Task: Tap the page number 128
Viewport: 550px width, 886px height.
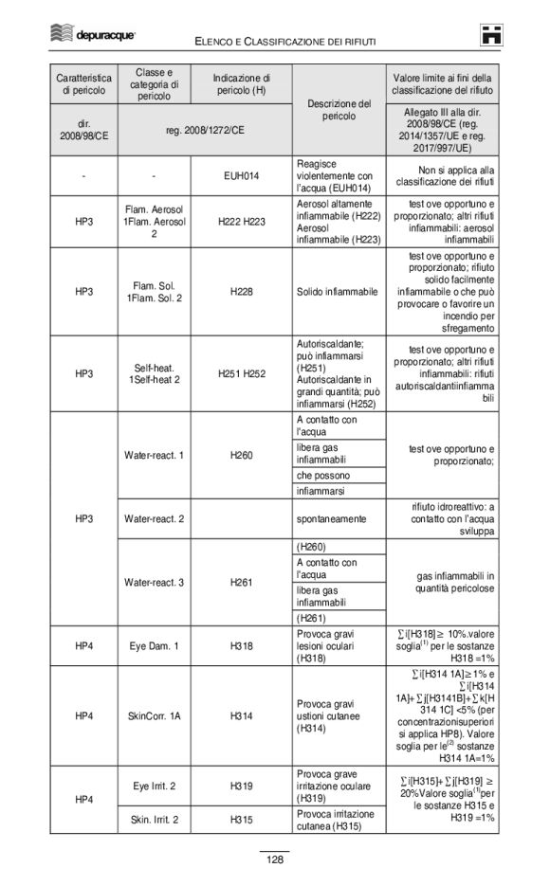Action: pyautogui.click(x=275, y=859)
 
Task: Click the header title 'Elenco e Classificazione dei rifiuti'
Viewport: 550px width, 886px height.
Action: pyautogui.click(x=285, y=42)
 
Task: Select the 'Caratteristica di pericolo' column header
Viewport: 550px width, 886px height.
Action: pyautogui.click(x=83, y=83)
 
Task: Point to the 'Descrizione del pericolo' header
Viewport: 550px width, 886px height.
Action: pyautogui.click(x=339, y=109)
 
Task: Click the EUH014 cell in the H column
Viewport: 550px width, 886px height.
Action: pyautogui.click(x=241, y=175)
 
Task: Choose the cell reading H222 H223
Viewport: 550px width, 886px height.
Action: pyautogui.click(x=241, y=221)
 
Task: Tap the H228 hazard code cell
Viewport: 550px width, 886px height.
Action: pyautogui.click(x=241, y=292)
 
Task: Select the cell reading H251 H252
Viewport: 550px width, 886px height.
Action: pyautogui.click(x=241, y=373)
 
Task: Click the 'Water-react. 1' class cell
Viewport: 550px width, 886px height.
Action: pyautogui.click(x=154, y=455)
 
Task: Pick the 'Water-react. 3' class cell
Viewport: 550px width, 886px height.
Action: pyautogui.click(x=154, y=582)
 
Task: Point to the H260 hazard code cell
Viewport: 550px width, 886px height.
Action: pyautogui.click(x=241, y=455)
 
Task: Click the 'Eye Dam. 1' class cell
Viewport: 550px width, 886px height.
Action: pyautogui.click(x=154, y=646)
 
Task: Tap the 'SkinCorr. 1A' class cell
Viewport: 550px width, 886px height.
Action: pyautogui.click(x=154, y=716)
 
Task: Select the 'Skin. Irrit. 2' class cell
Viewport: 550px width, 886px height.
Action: pyautogui.click(x=154, y=818)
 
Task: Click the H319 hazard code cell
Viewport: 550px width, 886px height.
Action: pyautogui.click(x=241, y=785)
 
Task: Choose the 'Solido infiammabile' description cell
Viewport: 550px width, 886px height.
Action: pyautogui.click(x=338, y=292)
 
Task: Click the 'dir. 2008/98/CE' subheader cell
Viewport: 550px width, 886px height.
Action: pyautogui.click(x=83, y=129)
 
